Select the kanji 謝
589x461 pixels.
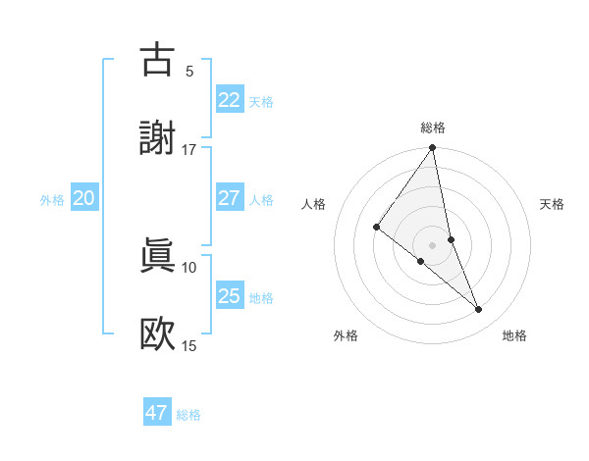(158, 138)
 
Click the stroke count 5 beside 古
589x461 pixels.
(189, 71)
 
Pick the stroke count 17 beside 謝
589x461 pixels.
(189, 150)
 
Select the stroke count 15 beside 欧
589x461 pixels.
(189, 346)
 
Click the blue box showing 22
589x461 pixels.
(230, 100)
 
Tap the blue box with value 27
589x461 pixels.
(230, 198)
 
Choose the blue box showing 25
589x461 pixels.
(230, 296)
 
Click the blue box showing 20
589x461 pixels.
(84, 198)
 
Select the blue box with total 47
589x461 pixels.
(157, 413)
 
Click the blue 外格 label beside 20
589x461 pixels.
(52, 200)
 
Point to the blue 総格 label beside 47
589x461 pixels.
(188, 415)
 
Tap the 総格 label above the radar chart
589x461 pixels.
(433, 128)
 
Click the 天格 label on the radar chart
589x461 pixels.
(552, 204)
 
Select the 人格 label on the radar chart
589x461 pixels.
(314, 204)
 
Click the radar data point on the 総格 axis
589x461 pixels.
(433, 149)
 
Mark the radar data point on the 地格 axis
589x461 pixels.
(479, 310)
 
